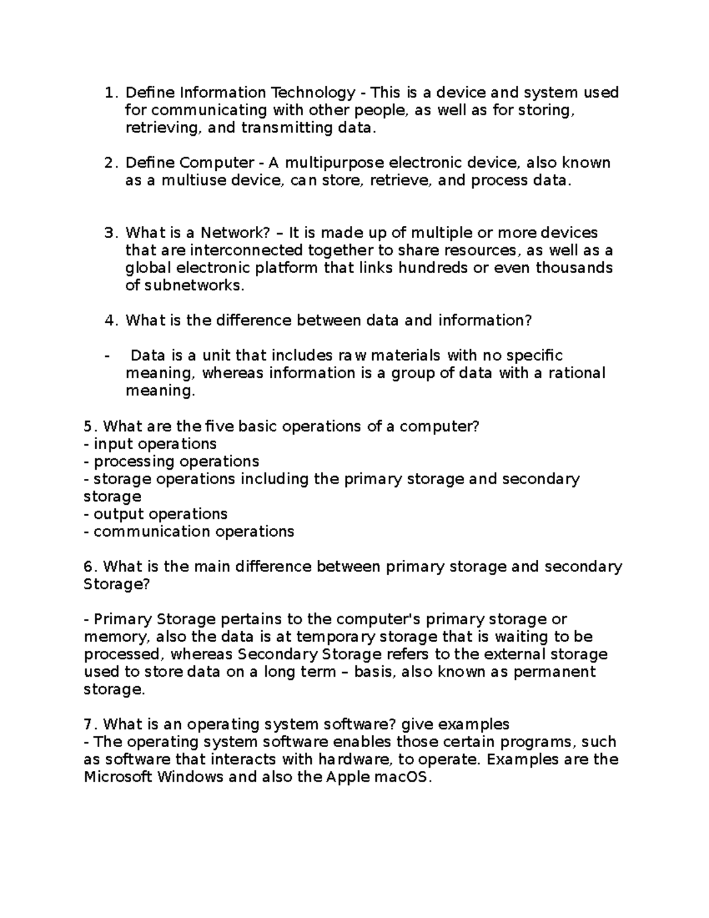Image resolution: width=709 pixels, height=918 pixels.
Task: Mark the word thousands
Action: coord(574,268)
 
